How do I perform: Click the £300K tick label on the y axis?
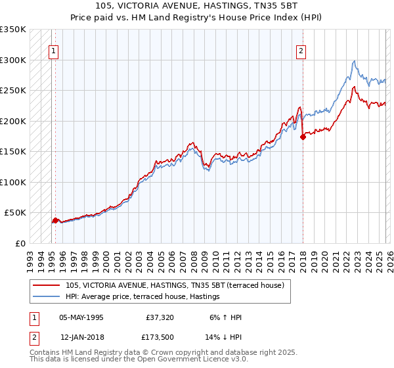point(13,60)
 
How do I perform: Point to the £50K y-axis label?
point(15,213)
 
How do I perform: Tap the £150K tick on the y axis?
point(13,152)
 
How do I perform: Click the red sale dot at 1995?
point(55,221)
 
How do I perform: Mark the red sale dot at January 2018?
point(303,137)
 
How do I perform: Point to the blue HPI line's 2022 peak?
point(354,61)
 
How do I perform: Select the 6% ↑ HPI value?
point(225,317)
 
